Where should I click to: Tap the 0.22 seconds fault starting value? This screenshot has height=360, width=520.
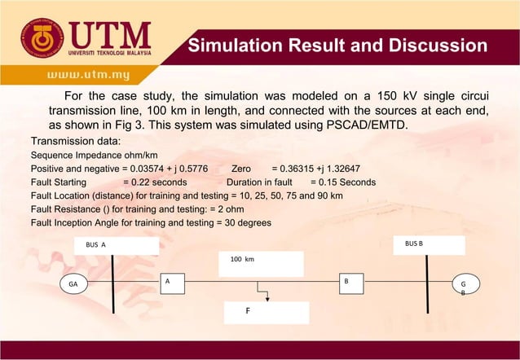tap(155, 182)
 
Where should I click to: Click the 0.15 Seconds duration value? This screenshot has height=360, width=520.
tap(343, 182)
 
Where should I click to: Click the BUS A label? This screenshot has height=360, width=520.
tap(96, 244)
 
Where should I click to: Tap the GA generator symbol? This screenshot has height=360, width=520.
tap(73, 285)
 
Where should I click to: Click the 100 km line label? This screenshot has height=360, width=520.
tap(242, 259)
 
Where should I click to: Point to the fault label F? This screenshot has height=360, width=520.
tap(248, 311)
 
